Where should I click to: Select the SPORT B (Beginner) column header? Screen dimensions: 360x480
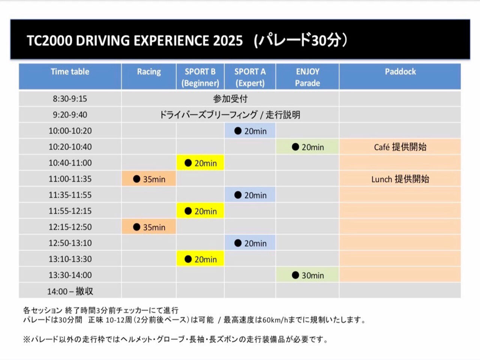click(x=200, y=77)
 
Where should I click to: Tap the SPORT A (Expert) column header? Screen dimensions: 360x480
click(x=250, y=77)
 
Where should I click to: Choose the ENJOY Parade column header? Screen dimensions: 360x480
click(x=307, y=77)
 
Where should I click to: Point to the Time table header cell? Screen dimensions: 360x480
click(x=70, y=72)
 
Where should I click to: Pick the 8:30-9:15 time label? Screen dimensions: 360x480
click(x=70, y=99)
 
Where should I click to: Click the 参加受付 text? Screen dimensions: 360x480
click(x=230, y=99)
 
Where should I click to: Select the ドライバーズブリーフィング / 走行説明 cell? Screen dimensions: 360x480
click(x=230, y=115)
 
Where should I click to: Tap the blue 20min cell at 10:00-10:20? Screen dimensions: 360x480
click(x=250, y=131)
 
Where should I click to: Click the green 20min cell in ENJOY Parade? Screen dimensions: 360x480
click(x=307, y=147)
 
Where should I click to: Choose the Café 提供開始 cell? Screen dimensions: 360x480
click(x=400, y=147)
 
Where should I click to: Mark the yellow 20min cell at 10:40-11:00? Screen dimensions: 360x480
click(x=200, y=163)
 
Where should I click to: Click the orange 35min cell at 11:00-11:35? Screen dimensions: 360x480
click(x=149, y=179)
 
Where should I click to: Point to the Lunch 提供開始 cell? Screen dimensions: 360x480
click(x=400, y=179)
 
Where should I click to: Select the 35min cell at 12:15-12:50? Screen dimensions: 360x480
click(x=149, y=227)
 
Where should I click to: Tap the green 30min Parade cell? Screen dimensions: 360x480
click(x=307, y=275)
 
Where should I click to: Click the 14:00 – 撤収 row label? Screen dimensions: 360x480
click(x=70, y=291)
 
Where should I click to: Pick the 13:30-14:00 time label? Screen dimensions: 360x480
click(x=70, y=275)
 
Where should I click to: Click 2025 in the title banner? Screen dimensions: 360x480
click(x=228, y=40)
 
